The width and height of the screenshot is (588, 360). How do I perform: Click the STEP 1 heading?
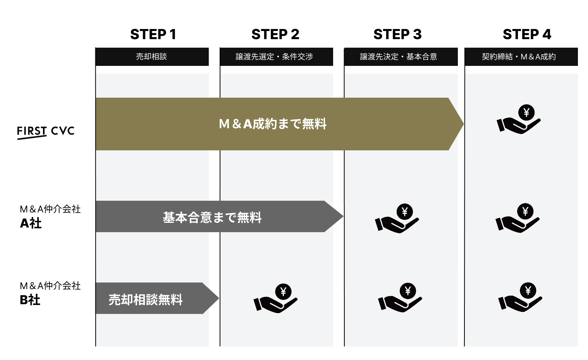pos(153,34)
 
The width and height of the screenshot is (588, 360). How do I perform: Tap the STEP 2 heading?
pos(275,34)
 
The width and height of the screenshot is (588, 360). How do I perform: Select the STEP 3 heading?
pos(397,34)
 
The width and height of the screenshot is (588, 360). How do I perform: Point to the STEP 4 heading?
pos(527,34)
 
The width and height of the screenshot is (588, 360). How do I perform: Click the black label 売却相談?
pos(151,57)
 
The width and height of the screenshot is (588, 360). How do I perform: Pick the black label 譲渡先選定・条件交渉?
pos(274,57)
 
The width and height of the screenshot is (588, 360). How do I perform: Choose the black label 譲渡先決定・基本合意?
pos(399,57)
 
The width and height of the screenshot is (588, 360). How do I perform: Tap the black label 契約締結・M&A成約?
pos(519,57)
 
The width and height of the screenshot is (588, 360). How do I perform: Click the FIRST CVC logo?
pos(46,132)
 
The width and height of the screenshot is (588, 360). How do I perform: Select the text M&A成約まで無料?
pos(273,124)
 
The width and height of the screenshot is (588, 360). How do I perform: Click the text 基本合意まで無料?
pos(212,217)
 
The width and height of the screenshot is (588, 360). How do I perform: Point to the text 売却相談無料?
pos(145,300)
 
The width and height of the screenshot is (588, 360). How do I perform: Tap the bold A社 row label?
pos(31,223)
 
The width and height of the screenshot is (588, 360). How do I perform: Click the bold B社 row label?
pos(30,300)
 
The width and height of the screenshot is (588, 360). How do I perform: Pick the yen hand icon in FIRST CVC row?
pos(519,119)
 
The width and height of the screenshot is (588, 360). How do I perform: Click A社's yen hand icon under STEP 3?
pos(397,218)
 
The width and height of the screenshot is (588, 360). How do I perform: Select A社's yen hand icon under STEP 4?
pos(518,218)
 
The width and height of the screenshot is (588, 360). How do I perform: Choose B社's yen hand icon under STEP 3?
pos(400,297)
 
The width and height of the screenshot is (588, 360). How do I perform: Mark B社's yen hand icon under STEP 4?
pos(520,297)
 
